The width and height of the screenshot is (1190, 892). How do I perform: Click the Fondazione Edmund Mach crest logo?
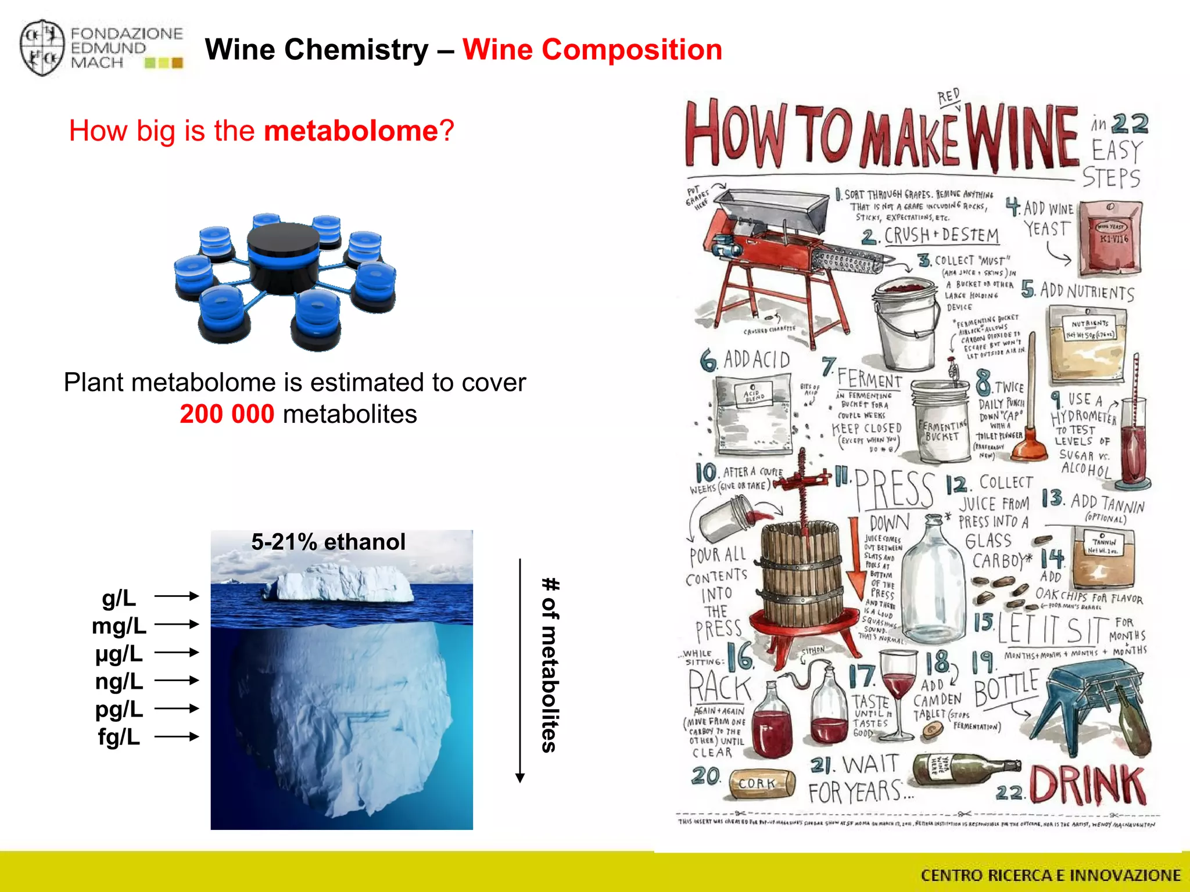click(x=42, y=49)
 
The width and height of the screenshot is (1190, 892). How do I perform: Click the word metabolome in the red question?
click(x=350, y=131)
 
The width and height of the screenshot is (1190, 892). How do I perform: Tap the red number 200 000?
click(x=227, y=414)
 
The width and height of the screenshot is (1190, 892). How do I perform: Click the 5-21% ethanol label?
click(x=328, y=542)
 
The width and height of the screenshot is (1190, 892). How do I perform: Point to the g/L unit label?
click(x=119, y=598)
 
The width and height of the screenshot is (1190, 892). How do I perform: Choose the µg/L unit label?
click(x=119, y=653)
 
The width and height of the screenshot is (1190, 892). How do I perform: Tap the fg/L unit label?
click(x=119, y=737)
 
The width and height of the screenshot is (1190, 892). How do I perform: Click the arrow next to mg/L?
click(x=177, y=624)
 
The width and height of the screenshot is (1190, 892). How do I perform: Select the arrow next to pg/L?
click(x=177, y=708)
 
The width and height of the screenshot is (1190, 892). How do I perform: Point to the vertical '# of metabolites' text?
click(x=550, y=665)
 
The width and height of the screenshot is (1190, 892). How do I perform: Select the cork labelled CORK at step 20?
click(x=762, y=783)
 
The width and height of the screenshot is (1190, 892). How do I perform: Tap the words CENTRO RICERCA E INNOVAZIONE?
click(x=1051, y=875)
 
